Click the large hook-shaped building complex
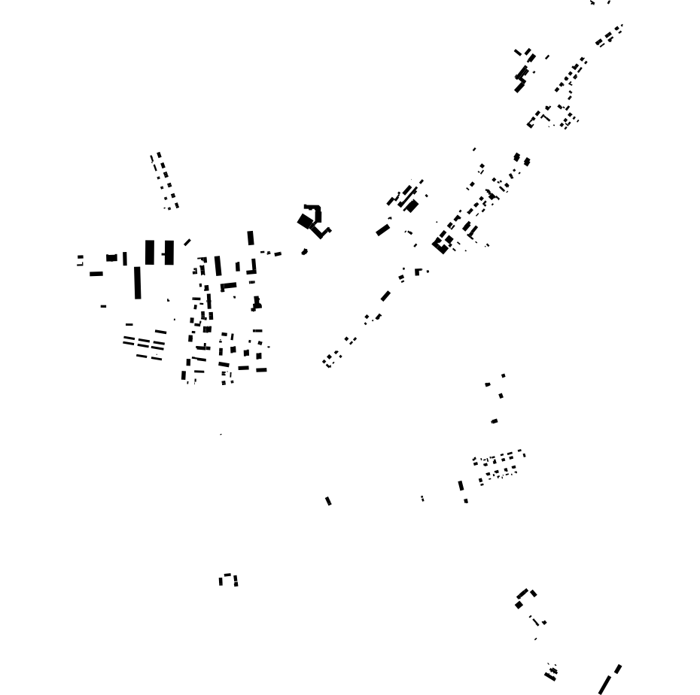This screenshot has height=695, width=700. click(313, 220)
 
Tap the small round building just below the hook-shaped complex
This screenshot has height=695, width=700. click(305, 252)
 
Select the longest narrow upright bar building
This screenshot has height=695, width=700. click(138, 283)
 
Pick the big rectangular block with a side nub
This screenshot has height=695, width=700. click(168, 253)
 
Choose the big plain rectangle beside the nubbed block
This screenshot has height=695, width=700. click(150, 252)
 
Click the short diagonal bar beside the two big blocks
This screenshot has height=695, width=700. click(187, 242)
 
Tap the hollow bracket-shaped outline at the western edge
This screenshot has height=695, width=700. click(80, 260)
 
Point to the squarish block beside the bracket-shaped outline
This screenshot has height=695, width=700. click(111, 258)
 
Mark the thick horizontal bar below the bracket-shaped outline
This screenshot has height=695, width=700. click(96, 274)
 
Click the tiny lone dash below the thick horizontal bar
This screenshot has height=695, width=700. click(103, 306)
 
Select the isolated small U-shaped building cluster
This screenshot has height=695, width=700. click(228, 579)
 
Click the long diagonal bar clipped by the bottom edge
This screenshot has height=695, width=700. click(604, 685)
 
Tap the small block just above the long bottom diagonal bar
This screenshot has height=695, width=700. click(618, 669)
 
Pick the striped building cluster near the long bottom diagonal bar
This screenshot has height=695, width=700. click(551, 673)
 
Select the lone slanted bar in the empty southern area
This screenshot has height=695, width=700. click(328, 501)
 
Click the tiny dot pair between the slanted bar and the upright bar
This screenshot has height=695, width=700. click(422, 498)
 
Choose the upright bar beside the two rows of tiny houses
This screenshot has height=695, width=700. click(461, 486)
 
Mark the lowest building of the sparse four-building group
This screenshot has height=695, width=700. click(494, 421)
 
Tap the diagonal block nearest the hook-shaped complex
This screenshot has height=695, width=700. click(383, 229)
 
